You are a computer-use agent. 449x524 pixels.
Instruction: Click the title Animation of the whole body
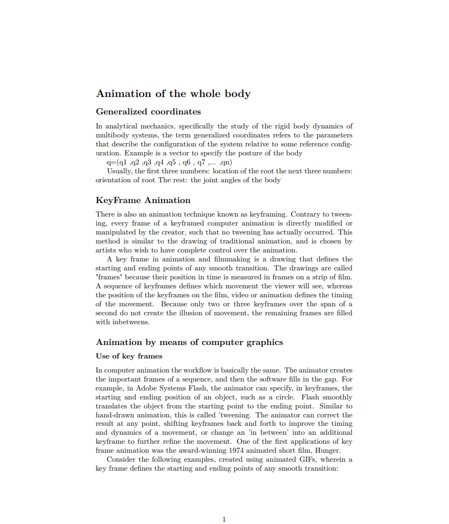tap(173, 94)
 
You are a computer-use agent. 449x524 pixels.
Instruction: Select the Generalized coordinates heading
tap(148, 112)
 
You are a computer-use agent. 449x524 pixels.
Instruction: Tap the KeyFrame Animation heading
tap(143, 200)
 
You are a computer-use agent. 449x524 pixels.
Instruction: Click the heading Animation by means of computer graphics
tap(189, 342)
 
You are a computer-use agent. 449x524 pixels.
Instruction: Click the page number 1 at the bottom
tap(224, 519)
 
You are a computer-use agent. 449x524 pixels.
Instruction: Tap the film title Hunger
tap(328, 450)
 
